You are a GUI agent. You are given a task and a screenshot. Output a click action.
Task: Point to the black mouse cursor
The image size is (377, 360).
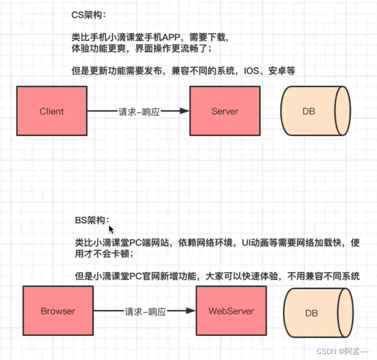(111, 229)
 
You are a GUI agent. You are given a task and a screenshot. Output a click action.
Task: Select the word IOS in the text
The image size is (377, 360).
(250, 71)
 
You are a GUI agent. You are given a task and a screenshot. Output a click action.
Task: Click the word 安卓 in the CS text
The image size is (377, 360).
(279, 71)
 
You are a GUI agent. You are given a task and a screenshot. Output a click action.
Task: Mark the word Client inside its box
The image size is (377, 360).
(52, 111)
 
